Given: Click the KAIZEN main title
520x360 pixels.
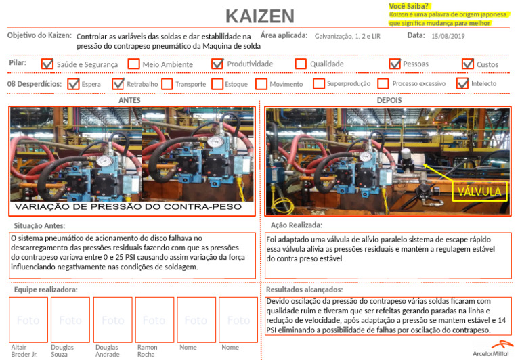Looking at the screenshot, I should tap(259, 16).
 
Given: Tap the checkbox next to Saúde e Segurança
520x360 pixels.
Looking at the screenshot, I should tap(47, 64).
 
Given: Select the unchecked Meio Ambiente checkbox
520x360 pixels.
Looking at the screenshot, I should tap(133, 64).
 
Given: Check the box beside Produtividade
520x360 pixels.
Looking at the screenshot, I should tap(217, 64).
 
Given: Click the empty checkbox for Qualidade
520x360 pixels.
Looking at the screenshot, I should tap(301, 64).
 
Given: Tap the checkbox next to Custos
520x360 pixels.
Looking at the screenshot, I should tap(467, 64).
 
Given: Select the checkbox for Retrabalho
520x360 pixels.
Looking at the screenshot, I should tap(118, 84).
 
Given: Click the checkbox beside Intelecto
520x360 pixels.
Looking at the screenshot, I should tap(462, 84).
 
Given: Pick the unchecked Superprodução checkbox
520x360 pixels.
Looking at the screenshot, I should tap(318, 84).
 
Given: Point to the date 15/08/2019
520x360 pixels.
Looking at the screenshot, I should tap(448, 36).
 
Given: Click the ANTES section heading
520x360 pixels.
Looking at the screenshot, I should tap(129, 100).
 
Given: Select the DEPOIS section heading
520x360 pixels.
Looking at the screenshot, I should tap(389, 100).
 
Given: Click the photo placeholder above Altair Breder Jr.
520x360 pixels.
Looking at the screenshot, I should tap(28, 320).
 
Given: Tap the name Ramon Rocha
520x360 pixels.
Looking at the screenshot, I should tap(146, 351).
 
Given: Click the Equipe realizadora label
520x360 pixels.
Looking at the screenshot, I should tap(45, 290).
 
